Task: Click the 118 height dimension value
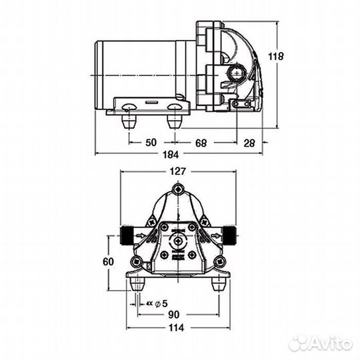(276, 56)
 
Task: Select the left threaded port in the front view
(128, 235)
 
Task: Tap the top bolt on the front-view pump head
(177, 191)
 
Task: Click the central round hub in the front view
(177, 241)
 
